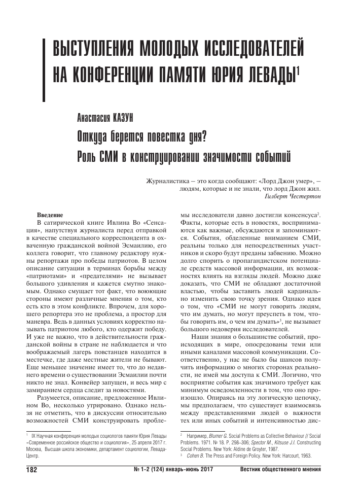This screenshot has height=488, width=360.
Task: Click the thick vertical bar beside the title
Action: pos(45,62)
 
